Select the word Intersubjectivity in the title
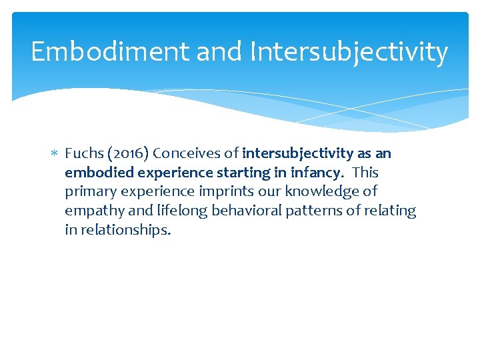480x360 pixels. [349, 52]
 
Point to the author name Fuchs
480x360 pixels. [82, 153]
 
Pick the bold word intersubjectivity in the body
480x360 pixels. [297, 153]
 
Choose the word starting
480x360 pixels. [251, 173]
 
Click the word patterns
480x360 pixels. [309, 211]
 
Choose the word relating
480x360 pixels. [389, 211]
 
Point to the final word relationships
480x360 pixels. [125, 231]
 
